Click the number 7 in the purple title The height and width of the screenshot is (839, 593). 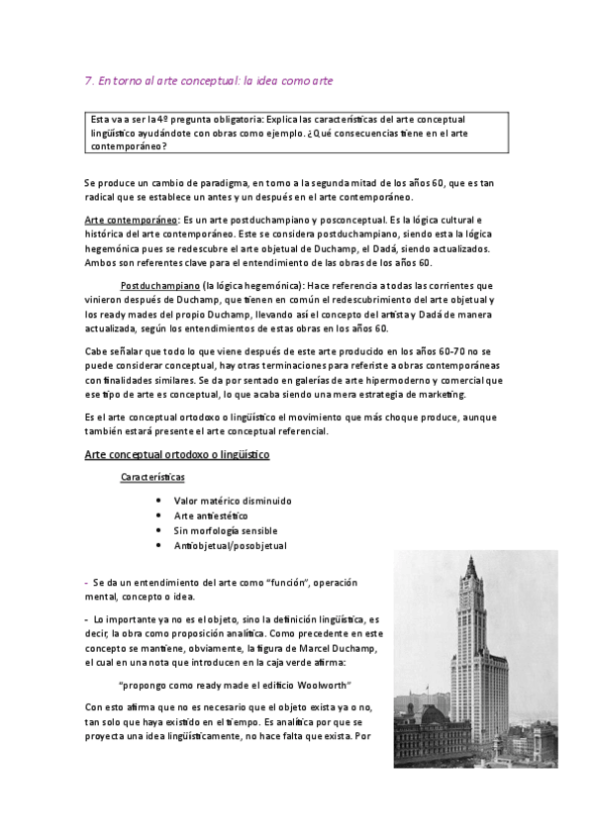(88, 82)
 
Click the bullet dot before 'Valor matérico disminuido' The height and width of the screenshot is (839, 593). (159, 501)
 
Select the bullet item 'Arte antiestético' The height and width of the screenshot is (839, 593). (211, 516)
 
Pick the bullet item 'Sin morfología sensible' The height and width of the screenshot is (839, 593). (227, 531)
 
